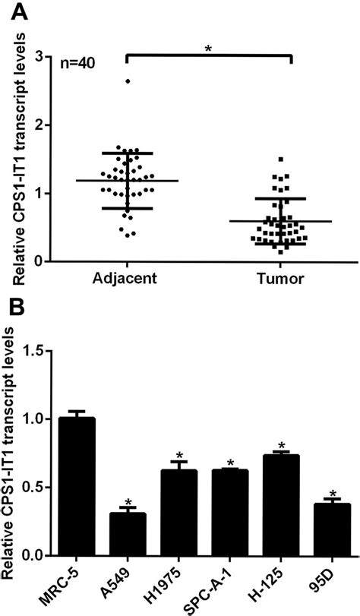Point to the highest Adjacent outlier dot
point(128,81)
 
